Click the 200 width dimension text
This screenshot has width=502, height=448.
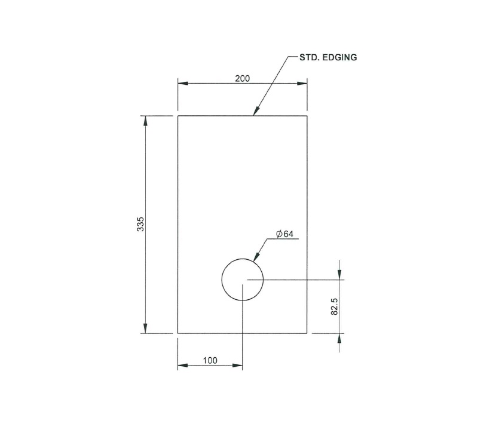tap(242, 78)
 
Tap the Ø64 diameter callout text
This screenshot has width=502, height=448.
tap(284, 234)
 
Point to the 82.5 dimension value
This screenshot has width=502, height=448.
tap(335, 306)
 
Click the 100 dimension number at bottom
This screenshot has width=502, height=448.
tap(210, 360)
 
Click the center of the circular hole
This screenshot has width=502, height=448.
tap(242, 280)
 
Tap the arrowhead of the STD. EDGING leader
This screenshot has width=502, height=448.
tap(256, 111)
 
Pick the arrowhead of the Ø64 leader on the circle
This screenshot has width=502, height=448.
tap(256, 258)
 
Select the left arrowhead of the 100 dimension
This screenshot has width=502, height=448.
tap(182, 366)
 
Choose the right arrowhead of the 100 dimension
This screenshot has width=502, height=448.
tap(238, 366)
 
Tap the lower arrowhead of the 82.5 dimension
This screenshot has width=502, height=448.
tap(339, 337)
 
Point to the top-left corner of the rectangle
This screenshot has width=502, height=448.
tap(178, 116)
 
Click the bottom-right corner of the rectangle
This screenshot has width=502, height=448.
tap(307, 333)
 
